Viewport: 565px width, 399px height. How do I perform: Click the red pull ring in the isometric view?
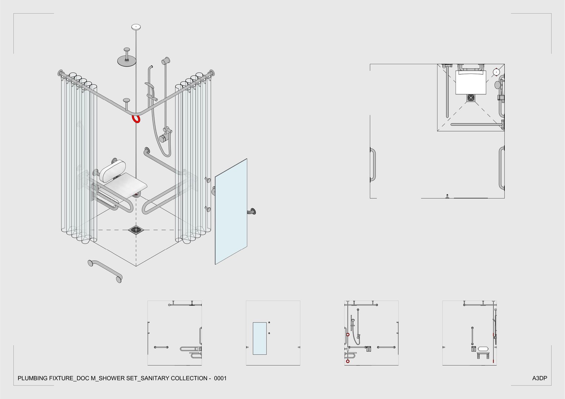tap(136, 119)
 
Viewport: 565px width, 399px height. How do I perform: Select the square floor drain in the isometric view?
tap(136, 230)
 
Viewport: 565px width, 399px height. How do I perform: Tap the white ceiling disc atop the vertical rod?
tap(136, 27)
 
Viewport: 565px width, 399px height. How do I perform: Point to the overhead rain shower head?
tap(126, 59)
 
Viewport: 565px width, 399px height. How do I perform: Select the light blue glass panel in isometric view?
tap(231, 211)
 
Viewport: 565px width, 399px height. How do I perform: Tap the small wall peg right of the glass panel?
tap(253, 211)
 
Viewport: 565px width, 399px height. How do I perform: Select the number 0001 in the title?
tap(220, 378)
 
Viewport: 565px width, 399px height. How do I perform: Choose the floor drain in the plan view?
tap(471, 98)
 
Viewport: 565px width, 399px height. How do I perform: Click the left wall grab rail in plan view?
tap(373, 165)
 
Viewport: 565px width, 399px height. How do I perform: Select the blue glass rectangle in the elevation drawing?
tap(260, 338)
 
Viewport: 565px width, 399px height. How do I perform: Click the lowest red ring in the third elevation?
tap(348, 361)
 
